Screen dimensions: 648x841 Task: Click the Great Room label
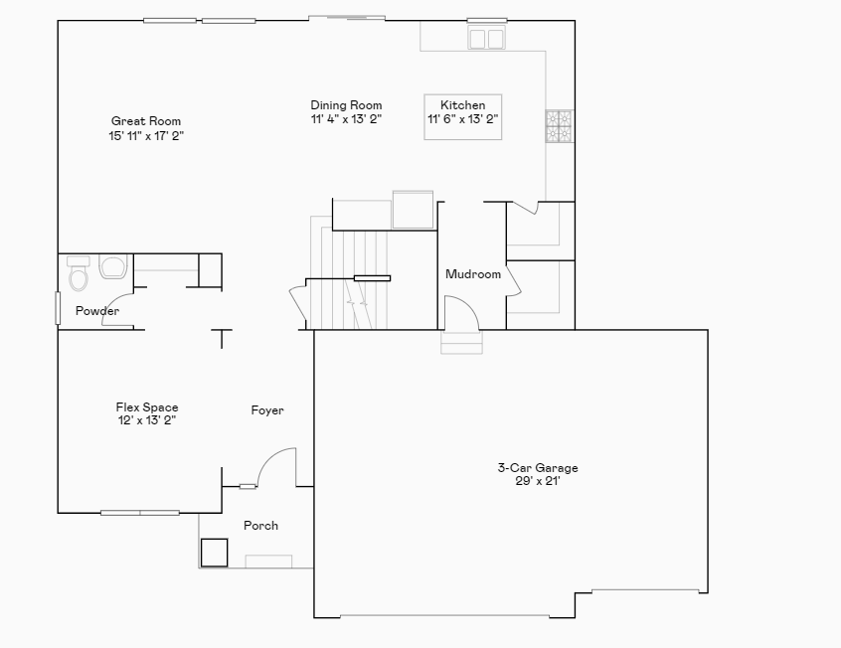pos(146,121)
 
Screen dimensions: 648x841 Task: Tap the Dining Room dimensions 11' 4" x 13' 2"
pos(346,119)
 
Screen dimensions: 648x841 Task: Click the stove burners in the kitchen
pos(558,126)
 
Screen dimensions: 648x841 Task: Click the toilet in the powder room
pos(79,275)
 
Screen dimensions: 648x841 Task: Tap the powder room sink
pos(112,266)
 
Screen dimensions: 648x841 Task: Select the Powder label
pos(97,311)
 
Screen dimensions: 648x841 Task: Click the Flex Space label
pos(147,407)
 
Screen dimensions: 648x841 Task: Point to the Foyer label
pos(266,410)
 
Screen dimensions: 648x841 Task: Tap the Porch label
pos(260,526)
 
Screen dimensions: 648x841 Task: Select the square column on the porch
pos(214,552)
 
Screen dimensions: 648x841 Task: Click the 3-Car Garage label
pos(538,468)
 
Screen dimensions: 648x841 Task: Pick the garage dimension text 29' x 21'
pos(538,481)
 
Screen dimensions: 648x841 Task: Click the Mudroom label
pos(473,274)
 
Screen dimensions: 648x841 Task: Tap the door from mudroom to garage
pos(462,316)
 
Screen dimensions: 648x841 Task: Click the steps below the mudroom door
pos(462,343)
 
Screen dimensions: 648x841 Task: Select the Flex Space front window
pos(140,513)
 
